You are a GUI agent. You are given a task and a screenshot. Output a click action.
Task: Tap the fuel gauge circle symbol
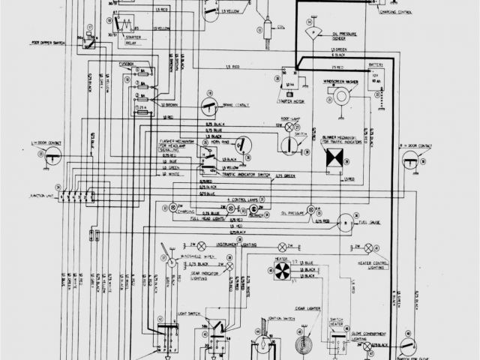point(346,222)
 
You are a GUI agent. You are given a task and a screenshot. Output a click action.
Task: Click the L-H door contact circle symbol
point(52,156)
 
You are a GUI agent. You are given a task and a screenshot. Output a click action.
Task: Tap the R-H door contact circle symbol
point(410,157)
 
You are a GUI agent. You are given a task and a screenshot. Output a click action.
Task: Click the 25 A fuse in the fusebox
point(142,106)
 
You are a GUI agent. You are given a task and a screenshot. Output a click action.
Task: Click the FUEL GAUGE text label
point(370,221)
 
